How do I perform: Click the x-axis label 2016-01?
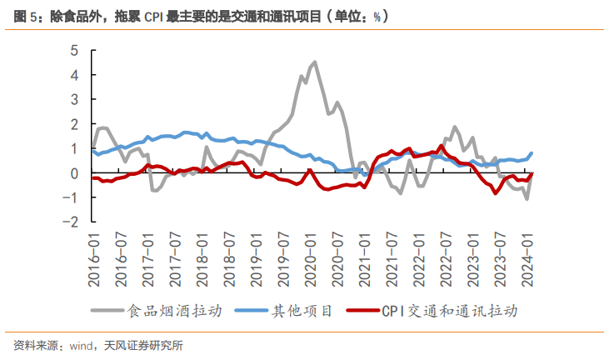pyautogui.click(x=94, y=259)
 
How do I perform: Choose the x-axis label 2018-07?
pyautogui.click(x=227, y=259)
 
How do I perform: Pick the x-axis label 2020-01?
pyautogui.click(x=308, y=259)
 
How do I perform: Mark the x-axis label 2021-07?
pyautogui.click(x=389, y=259)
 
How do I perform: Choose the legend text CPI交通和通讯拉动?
pyautogui.click(x=450, y=311)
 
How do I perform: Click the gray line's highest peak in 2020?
pyautogui.click(x=314, y=62)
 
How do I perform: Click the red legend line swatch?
pyautogui.click(x=361, y=311)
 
